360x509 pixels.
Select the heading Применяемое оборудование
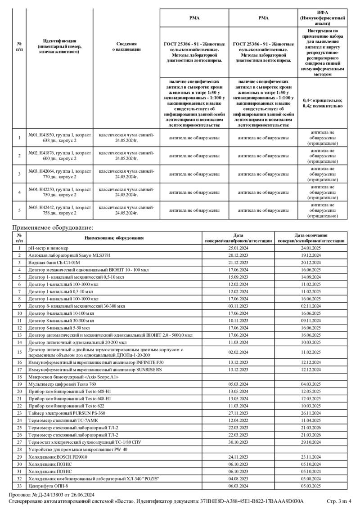(x=52, y=228)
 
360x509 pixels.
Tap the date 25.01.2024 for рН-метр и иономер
(x=238, y=248)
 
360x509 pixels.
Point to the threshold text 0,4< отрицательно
(x=322, y=100)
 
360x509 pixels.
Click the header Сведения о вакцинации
(x=126, y=46)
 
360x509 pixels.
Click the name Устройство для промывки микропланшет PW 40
(x=78, y=449)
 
